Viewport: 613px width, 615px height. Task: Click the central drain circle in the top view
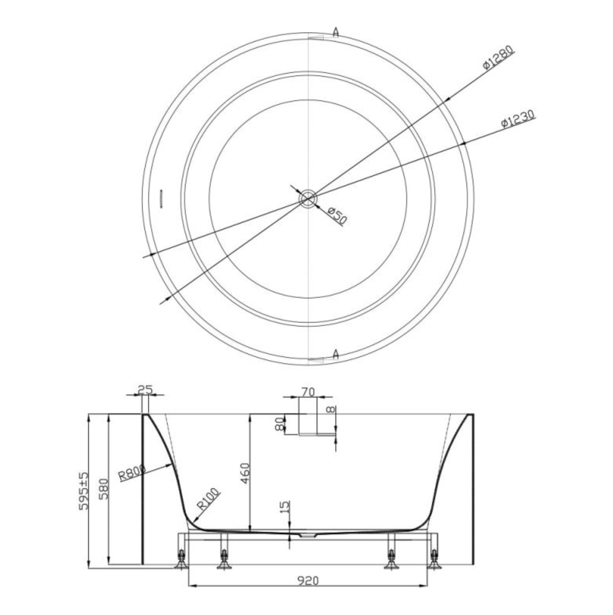coord(308,199)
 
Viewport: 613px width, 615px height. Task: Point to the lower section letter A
coord(336,354)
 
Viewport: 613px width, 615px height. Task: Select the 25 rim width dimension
coord(145,389)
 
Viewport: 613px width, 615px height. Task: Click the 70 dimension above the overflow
coord(308,391)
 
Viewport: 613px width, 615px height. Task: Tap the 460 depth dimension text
coord(244,473)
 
